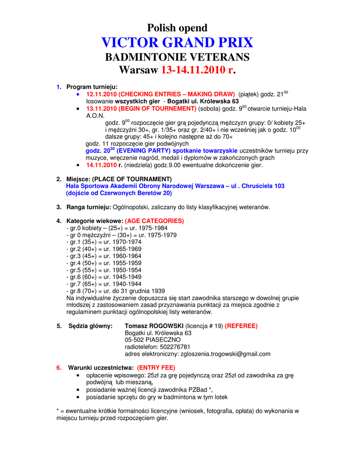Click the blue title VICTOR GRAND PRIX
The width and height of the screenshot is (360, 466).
tap(177, 43)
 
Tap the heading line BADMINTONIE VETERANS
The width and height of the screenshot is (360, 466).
tap(177, 57)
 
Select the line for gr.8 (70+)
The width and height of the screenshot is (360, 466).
tap(116, 291)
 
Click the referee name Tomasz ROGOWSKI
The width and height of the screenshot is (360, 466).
tap(154, 326)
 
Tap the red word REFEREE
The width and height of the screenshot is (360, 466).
tap(241, 326)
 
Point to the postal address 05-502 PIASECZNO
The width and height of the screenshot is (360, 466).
tap(152, 339)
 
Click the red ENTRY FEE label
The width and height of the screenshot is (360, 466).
tap(156, 368)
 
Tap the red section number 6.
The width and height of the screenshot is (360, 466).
tap(59, 368)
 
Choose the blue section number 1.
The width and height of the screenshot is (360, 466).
tap(59, 86)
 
